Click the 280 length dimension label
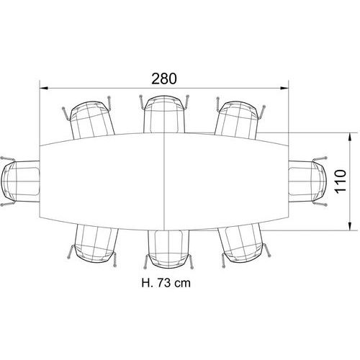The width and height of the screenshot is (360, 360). point(164,78)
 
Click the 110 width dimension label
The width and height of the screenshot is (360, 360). point(341,181)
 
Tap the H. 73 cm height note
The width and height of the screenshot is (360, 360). point(166,283)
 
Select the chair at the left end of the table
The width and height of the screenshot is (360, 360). point(19,181)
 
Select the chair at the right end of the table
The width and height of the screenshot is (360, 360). point(307,181)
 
